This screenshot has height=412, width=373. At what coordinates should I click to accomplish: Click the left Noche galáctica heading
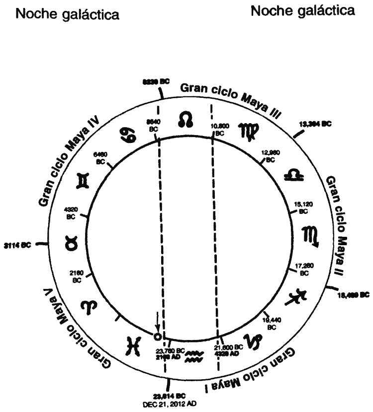68,15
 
